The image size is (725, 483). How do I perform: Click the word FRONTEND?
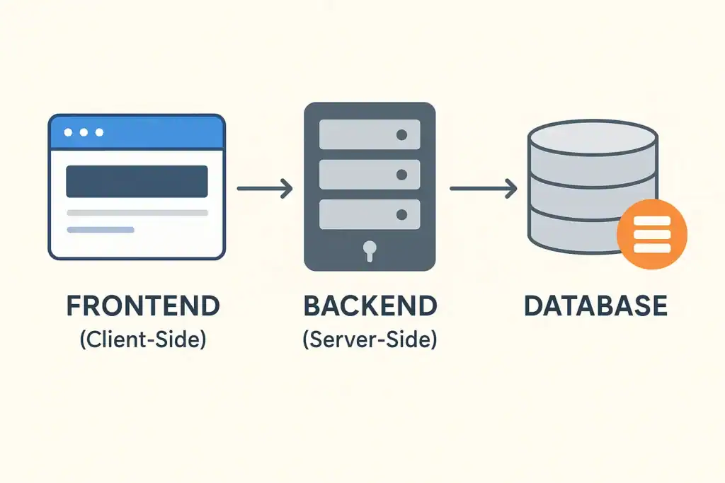pos(143,306)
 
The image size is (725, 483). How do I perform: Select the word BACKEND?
pos(370,306)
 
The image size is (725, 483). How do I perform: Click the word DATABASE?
pos(595,306)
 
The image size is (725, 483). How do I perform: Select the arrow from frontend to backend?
pos(264,189)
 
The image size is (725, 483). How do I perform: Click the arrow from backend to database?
pos(482,189)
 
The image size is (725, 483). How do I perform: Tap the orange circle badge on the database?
pos(651,235)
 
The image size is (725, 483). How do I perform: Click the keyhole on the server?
pos(370,249)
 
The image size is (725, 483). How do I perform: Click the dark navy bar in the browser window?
pos(137,181)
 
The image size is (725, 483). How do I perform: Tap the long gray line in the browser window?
pos(137,213)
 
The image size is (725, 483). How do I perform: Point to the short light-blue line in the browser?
pos(100,230)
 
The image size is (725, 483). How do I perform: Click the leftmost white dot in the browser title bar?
pos(68,132)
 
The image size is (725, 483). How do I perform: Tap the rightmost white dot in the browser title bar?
pos(99,132)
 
